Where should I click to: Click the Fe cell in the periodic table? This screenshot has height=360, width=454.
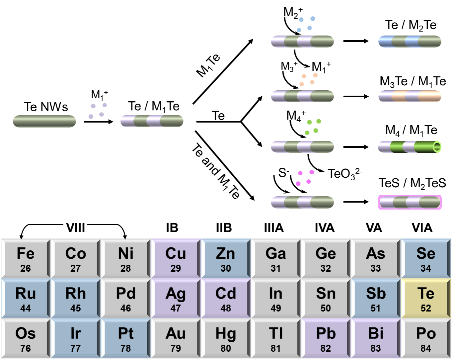coord(26,258)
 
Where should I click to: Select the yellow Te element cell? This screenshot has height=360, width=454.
coord(426,298)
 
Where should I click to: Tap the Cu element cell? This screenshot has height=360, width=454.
coord(176,258)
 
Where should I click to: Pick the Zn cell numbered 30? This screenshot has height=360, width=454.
coord(226,258)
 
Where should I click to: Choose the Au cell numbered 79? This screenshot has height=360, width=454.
coord(176,338)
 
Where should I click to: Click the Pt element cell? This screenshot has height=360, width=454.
coord(126,338)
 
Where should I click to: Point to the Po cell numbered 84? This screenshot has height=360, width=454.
coord(426,338)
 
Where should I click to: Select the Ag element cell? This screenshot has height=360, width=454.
coord(176,298)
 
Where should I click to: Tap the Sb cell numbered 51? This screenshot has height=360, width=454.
coord(376,298)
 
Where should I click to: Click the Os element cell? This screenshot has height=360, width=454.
coord(26,338)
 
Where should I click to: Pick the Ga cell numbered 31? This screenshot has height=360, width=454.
coord(276,258)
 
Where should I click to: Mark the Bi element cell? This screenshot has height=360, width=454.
coord(376,338)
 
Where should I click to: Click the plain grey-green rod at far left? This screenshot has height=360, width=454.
coord(44,121)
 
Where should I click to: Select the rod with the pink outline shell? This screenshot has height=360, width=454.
coord(410,202)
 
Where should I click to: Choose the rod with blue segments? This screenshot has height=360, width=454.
coord(410,42)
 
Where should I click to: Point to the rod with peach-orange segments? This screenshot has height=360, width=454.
coord(410,96)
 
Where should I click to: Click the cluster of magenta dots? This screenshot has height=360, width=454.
coord(305,178)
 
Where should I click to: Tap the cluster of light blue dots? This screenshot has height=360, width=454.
coord(306,24)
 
